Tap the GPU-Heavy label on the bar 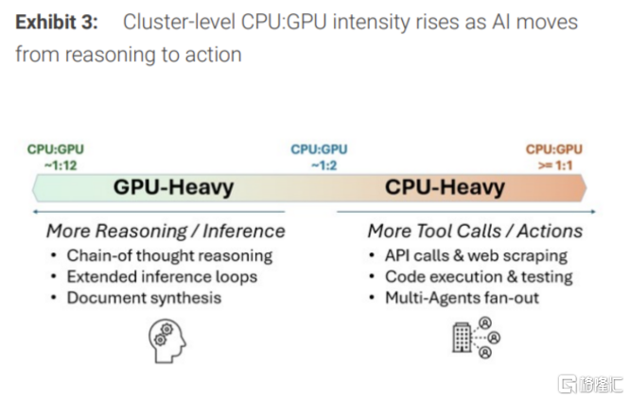point(173,187)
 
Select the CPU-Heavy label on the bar point(445,187)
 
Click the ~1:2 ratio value point(319,165)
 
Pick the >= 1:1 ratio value point(554,165)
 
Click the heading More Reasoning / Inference point(166,231)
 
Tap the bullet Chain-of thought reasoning point(169,255)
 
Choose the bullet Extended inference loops point(162,277)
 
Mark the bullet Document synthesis point(144,298)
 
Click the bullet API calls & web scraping point(476,255)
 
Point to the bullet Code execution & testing point(479,277)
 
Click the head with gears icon point(167,340)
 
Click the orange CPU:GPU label point(554,148)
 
